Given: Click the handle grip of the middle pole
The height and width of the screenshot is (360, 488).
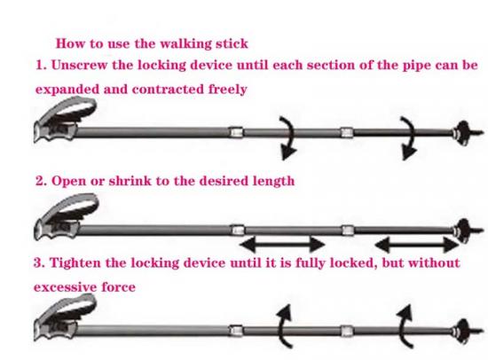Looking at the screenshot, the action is [66, 216].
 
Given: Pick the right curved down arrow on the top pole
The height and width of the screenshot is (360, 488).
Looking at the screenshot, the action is [411, 137].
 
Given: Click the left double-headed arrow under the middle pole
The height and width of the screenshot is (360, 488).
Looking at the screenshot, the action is [282, 244].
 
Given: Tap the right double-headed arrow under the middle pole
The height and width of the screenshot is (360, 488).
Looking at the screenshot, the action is [416, 245].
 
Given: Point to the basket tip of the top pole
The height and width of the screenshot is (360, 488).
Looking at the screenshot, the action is [466, 133].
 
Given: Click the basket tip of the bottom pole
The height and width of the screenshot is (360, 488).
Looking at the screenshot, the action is [466, 332].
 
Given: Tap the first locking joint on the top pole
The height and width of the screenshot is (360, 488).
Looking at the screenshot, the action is [236, 132].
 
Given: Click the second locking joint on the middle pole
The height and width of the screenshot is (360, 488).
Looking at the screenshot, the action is [348, 231].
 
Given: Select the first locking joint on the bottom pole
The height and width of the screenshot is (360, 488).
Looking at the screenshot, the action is [236, 331].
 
